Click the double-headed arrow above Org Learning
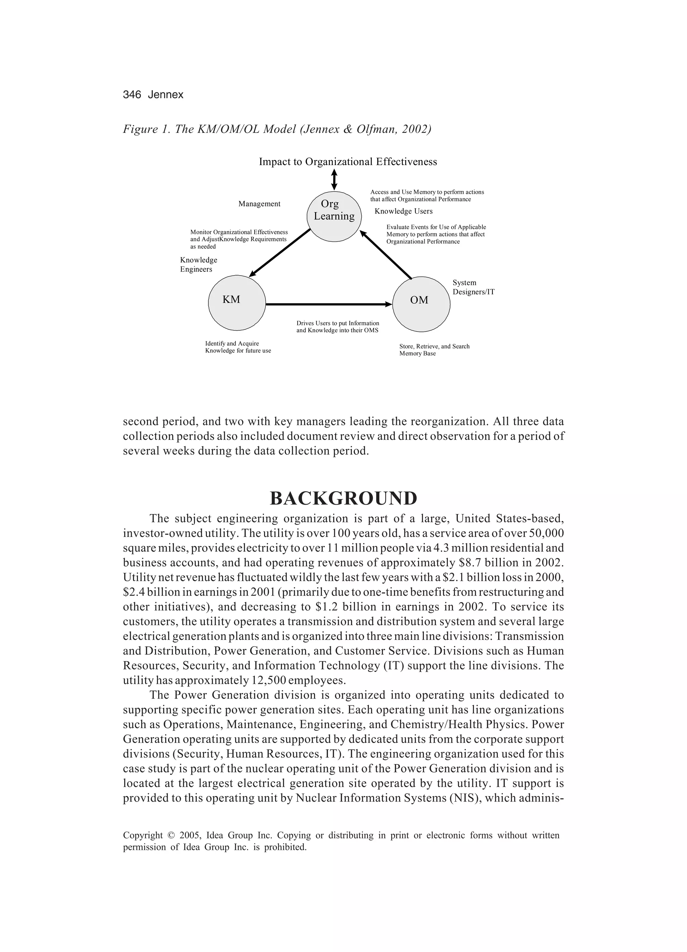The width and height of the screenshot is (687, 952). [334, 179]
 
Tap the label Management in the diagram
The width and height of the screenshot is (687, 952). [259, 204]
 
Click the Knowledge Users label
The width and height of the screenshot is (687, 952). [403, 211]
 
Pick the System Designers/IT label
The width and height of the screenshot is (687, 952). [473, 287]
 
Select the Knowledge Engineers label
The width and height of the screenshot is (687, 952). [199, 264]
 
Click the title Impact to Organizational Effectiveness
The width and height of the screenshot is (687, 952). [348, 162]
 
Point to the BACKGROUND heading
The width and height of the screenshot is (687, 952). [343, 498]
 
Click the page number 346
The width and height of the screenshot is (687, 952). [132, 95]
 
